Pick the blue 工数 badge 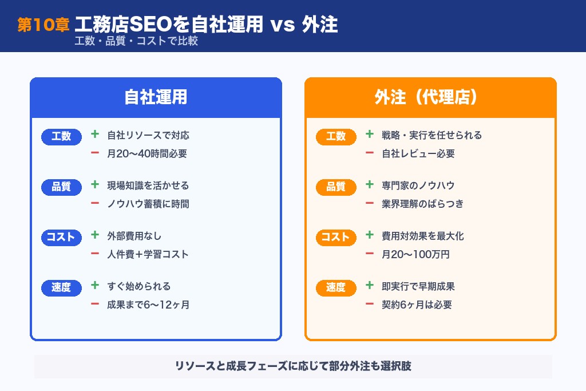coord(61,136)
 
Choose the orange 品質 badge coord(336,187)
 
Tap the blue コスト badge coord(61,237)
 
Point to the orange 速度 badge coord(336,287)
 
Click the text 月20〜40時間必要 coord(147,153)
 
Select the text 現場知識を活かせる coord(148,185)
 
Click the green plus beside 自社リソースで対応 coord(95,135)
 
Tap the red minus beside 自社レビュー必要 coord(370,153)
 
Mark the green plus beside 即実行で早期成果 coord(370,286)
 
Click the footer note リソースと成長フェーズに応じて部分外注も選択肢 coord(293,366)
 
